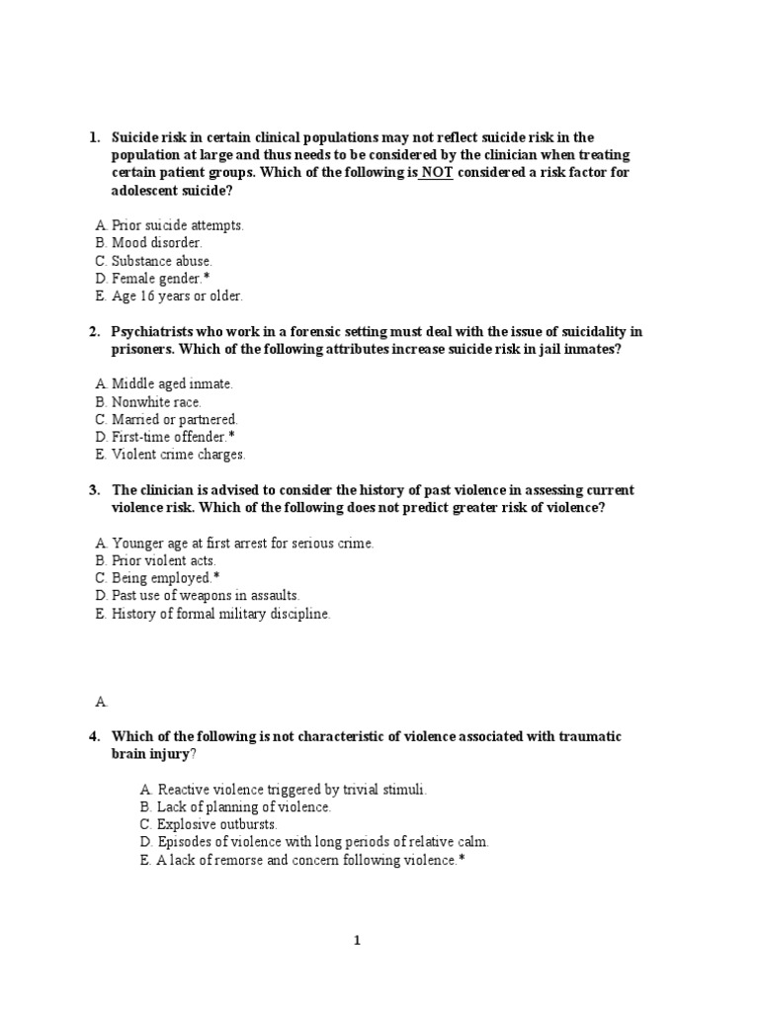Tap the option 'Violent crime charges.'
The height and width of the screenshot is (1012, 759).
coord(178,455)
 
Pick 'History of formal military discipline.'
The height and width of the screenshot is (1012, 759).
coord(220,614)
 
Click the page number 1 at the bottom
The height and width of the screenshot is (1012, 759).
coord(358,941)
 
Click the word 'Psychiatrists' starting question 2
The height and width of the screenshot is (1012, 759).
coord(157,332)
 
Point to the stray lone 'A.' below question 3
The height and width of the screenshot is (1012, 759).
coord(100,702)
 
